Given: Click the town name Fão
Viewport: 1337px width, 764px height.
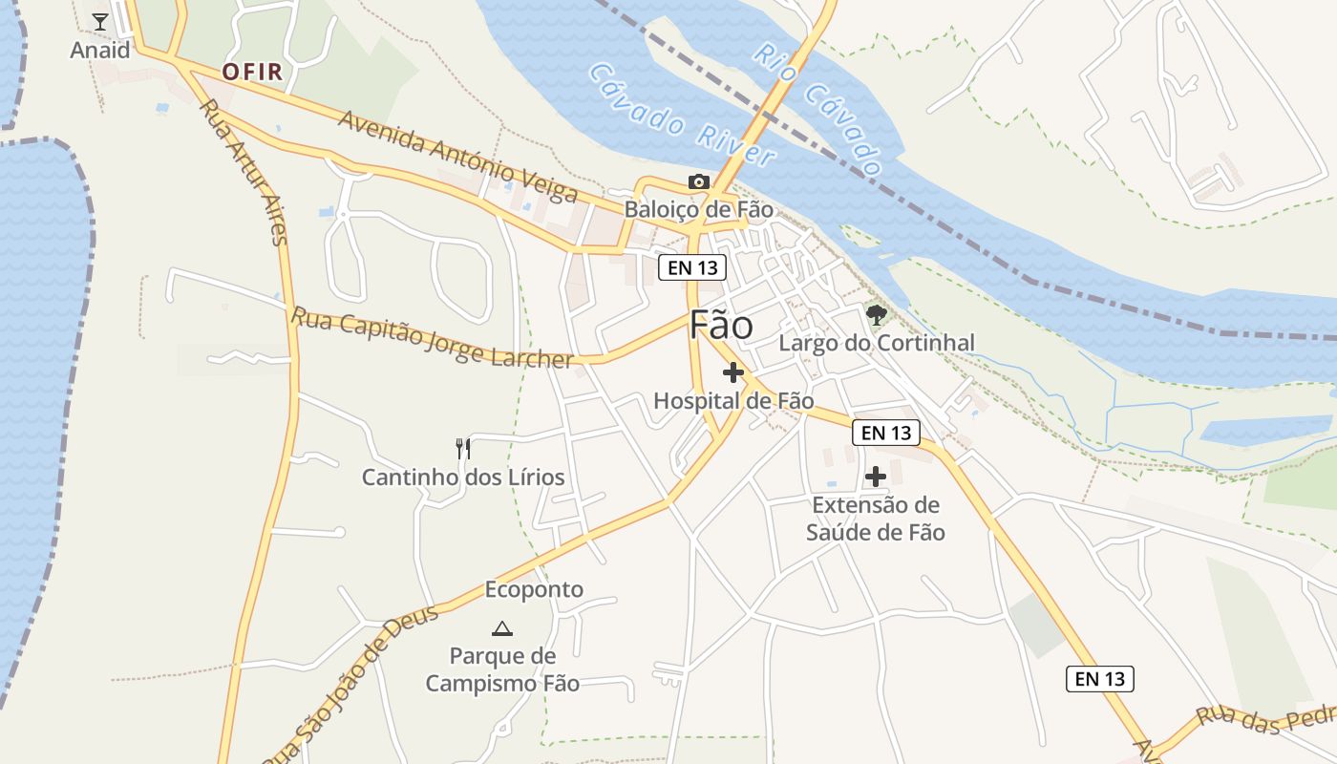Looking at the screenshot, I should pyautogui.click(x=721, y=326).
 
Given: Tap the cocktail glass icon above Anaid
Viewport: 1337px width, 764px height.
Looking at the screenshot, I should pyautogui.click(x=100, y=21).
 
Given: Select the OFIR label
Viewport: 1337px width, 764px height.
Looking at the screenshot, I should pyautogui.click(x=253, y=73).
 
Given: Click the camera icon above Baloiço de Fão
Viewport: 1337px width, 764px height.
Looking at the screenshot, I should pyautogui.click(x=699, y=181).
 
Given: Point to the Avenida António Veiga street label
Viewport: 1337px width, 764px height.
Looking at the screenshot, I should pyautogui.click(x=457, y=158).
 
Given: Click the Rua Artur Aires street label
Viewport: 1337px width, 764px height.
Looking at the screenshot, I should pyautogui.click(x=244, y=172).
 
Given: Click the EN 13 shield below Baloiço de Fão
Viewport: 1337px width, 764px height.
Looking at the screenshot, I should pyautogui.click(x=692, y=267).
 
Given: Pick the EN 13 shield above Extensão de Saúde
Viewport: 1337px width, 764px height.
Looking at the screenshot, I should pyautogui.click(x=886, y=433).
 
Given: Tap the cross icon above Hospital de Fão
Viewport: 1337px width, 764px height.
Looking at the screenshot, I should pyautogui.click(x=733, y=372).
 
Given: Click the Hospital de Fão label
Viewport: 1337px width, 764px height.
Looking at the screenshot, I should pyautogui.click(x=733, y=401).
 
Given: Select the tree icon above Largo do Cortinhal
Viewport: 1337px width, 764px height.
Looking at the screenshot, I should pyautogui.click(x=876, y=313).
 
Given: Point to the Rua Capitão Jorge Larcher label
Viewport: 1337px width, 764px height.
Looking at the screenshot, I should pyautogui.click(x=432, y=337).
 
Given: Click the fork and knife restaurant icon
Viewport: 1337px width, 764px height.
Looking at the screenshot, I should pyautogui.click(x=463, y=448).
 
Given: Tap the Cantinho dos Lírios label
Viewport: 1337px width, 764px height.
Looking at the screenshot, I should pyautogui.click(x=463, y=477).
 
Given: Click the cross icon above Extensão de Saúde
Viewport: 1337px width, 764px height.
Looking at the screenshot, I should pyautogui.click(x=876, y=476).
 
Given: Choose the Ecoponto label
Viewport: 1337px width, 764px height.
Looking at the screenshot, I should pyautogui.click(x=534, y=589).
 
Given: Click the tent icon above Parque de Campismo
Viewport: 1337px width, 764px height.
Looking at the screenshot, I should pyautogui.click(x=501, y=628).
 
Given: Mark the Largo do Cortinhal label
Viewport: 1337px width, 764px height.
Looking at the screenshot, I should pyautogui.click(x=877, y=343).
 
